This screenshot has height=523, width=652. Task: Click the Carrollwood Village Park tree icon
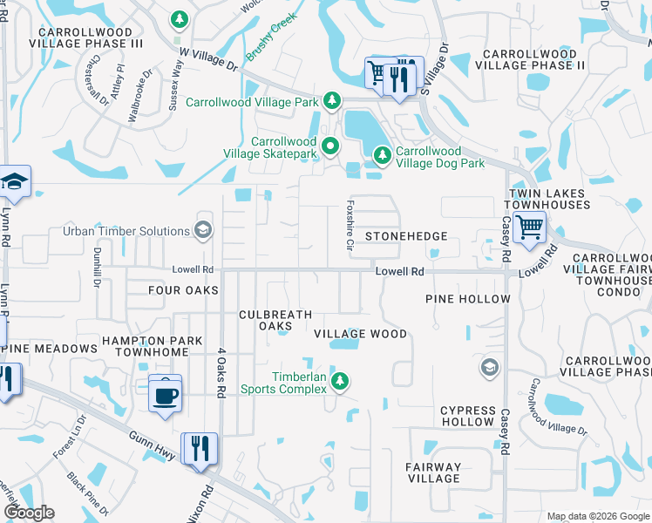click(x=332, y=102)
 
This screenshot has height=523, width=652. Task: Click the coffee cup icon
click(x=165, y=396)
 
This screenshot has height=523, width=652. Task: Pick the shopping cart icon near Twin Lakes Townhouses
click(x=529, y=229)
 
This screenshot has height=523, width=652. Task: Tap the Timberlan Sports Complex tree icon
click(x=341, y=381)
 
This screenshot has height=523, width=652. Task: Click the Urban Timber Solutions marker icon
click(x=203, y=230)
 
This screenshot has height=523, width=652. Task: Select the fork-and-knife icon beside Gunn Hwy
click(x=200, y=449)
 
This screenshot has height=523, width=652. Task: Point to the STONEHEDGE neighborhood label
click(x=405, y=236)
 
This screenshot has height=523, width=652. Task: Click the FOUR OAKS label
click(x=183, y=290)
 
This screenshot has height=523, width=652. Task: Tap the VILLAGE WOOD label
click(x=360, y=334)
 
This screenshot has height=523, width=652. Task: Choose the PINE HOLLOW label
click(x=467, y=299)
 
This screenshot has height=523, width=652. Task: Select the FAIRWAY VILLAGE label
click(x=433, y=472)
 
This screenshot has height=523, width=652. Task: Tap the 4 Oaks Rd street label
click(x=221, y=374)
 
